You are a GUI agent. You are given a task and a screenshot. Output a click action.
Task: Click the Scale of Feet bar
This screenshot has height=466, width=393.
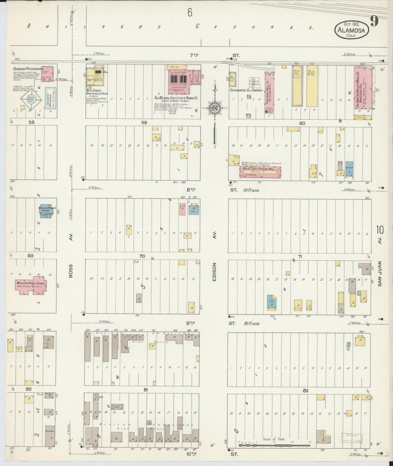point(275,446)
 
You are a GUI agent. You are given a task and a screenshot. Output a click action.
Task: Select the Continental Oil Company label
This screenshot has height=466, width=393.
point(246,90)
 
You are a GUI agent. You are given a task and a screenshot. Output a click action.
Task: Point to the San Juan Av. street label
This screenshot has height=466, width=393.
point(380,274)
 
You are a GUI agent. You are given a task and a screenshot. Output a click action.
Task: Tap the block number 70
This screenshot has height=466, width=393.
point(142,256)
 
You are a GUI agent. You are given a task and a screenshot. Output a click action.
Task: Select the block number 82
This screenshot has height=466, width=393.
point(306,390)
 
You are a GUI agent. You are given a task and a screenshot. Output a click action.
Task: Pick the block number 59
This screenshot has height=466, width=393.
point(144,123)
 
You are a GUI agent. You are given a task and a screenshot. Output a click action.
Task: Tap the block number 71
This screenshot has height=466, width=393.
point(300,256)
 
